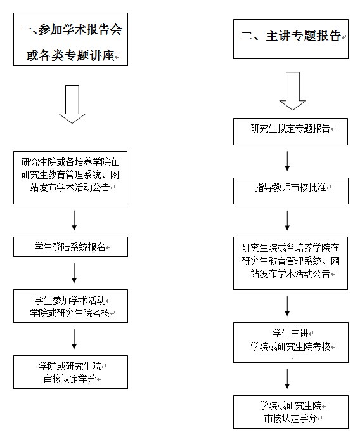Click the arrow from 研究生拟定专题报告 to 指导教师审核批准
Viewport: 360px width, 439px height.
[287, 161]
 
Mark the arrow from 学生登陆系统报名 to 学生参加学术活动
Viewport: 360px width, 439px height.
[74, 273]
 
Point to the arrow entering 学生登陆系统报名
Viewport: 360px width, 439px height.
[74, 220]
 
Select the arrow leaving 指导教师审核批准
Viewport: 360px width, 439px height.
[287, 220]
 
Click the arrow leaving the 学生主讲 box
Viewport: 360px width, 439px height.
[287, 379]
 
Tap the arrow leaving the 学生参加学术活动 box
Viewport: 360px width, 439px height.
[74, 339]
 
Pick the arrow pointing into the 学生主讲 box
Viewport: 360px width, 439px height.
[287, 306]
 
